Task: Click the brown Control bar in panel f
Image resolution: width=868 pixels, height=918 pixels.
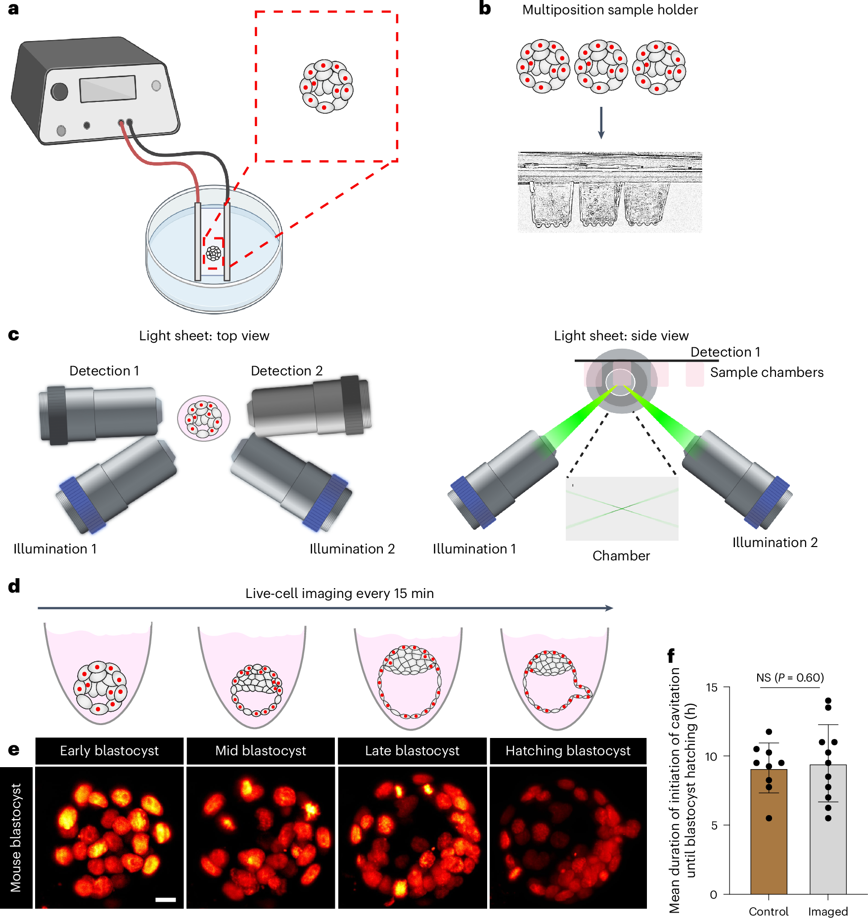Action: click(x=768, y=835)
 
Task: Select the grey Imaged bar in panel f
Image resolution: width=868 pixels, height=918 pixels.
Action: click(x=827, y=835)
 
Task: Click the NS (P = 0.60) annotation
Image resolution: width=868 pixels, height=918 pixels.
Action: click(x=790, y=677)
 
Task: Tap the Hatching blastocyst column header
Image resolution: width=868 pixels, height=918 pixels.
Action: click(x=568, y=750)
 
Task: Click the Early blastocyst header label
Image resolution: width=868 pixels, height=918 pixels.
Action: click(x=109, y=750)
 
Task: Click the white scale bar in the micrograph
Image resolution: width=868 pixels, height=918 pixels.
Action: click(x=166, y=899)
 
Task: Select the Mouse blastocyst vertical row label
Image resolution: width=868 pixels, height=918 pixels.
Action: click(x=16, y=837)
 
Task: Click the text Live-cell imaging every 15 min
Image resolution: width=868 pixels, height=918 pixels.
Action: click(x=339, y=593)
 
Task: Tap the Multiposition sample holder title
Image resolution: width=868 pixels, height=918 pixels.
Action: click(x=610, y=10)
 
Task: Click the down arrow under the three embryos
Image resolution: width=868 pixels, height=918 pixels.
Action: click(x=601, y=123)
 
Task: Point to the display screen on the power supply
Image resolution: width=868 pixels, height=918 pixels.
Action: click(x=108, y=89)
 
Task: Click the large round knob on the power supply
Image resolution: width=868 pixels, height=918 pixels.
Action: click(x=59, y=91)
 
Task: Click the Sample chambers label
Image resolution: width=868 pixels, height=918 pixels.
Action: click(x=767, y=372)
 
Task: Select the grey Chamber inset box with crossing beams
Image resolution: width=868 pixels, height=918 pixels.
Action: click(x=622, y=508)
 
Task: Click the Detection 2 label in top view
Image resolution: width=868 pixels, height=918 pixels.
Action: click(x=286, y=370)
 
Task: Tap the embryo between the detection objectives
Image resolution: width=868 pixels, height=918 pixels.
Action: click(x=204, y=418)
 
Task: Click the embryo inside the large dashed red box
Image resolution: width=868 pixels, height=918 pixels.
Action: click(x=326, y=87)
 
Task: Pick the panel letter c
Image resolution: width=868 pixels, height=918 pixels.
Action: click(x=13, y=335)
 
